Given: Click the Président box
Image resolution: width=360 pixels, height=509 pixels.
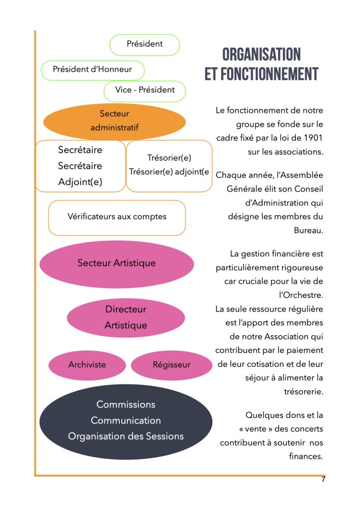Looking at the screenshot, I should (x=145, y=44).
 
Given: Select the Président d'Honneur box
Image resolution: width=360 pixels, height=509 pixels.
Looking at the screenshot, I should (x=92, y=70).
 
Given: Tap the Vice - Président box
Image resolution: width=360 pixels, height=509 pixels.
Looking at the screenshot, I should (x=145, y=90).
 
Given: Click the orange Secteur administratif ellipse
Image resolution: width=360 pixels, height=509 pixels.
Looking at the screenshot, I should (x=114, y=121).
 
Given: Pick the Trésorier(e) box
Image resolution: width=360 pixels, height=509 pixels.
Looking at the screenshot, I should (x=169, y=166).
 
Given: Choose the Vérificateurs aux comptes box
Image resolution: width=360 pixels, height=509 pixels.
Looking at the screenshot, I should (x=117, y=217).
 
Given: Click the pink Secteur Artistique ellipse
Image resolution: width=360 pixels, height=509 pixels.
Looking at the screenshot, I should (x=116, y=263).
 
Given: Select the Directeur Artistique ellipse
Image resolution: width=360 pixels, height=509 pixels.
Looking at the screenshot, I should (x=126, y=317).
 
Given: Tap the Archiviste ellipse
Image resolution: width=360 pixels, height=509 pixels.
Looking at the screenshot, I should (x=87, y=365).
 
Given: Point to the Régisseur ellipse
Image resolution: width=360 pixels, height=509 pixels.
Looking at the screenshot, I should (x=172, y=365).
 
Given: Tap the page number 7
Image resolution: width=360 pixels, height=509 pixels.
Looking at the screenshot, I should (x=323, y=480).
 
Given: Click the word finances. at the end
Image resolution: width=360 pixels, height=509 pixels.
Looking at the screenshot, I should (x=306, y=456).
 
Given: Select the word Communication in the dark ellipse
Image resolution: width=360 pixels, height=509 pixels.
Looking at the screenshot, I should (x=126, y=421).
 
